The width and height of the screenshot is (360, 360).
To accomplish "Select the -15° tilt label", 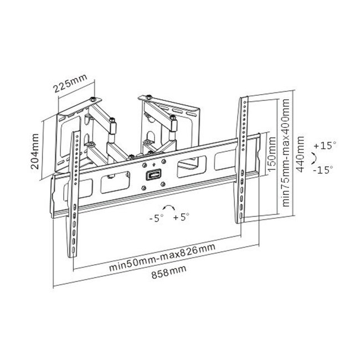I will click(x=324, y=170).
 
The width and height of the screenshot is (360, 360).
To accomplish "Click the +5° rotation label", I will click(x=181, y=218).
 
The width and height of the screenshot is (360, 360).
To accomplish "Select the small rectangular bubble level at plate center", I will click(x=151, y=177).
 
